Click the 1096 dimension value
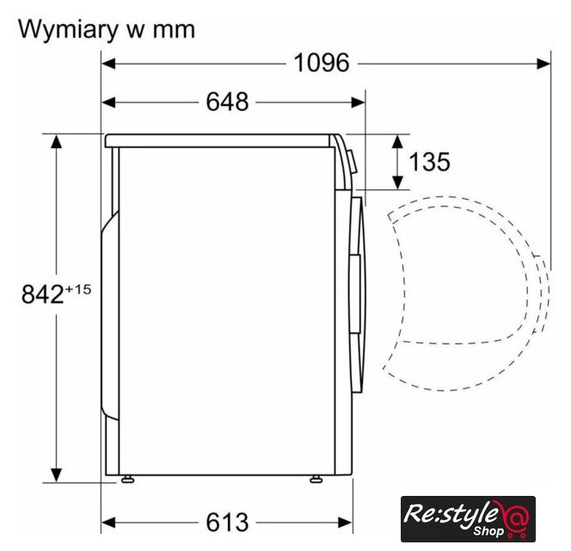[322, 63]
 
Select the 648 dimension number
[228, 102]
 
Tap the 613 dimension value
[228, 523]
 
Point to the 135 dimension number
[430, 162]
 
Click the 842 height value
[43, 294]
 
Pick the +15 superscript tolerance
[78, 289]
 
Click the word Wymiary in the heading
[66, 30]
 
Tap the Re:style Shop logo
[468, 519]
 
